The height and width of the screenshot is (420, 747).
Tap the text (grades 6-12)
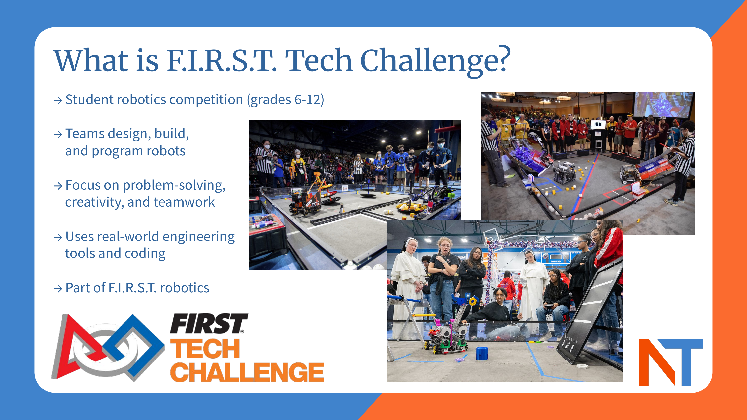click(x=285, y=100)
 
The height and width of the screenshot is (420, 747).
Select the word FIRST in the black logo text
click(x=208, y=323)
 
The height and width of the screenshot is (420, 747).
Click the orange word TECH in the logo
click(x=205, y=349)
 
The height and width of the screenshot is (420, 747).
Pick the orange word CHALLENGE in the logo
click(x=247, y=372)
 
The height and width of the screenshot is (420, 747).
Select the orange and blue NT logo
click(x=671, y=362)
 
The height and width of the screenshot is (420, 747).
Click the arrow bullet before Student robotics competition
click(x=58, y=100)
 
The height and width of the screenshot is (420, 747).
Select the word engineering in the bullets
click(x=198, y=237)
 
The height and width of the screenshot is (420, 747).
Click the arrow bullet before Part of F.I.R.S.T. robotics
click(x=58, y=288)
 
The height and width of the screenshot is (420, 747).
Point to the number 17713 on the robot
click(x=315, y=204)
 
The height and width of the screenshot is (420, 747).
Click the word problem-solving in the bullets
click(x=174, y=185)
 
